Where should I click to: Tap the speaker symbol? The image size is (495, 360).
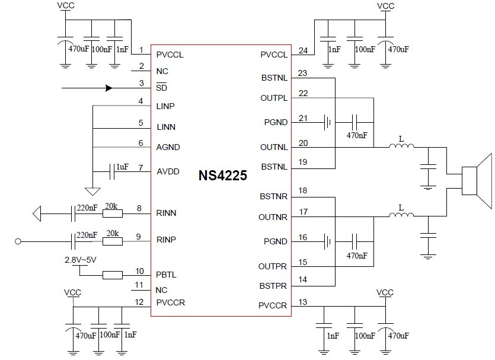(478, 180)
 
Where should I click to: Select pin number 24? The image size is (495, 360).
(303, 51)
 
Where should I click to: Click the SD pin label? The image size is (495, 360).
(161, 88)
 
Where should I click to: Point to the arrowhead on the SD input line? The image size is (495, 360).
(108, 88)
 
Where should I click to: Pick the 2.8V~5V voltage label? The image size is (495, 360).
(81, 260)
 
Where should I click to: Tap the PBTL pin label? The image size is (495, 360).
(167, 275)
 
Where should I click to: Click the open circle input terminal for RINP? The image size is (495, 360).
(18, 241)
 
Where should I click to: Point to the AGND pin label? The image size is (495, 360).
(168, 147)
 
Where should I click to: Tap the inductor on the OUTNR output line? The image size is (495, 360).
(401, 216)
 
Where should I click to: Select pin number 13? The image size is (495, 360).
(303, 302)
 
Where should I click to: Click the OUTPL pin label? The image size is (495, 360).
(273, 97)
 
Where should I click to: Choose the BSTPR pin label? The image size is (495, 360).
(273, 286)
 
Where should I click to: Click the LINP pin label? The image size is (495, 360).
(166, 106)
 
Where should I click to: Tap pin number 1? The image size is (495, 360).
(140, 51)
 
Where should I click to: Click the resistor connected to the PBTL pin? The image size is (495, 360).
(113, 275)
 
